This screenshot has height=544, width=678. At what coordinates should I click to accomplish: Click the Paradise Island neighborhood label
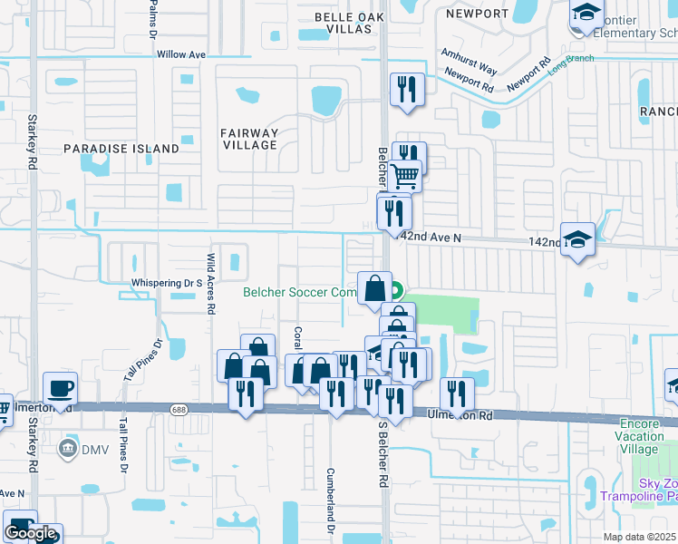[121, 148]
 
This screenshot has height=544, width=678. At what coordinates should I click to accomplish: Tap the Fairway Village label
[249, 139]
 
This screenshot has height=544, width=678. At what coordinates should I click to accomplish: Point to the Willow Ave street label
[182, 54]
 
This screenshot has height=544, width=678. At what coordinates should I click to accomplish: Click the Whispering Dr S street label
[166, 283]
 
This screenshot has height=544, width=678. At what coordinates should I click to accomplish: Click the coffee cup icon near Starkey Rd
[61, 389]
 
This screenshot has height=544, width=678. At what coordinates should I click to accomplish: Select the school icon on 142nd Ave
[577, 239]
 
